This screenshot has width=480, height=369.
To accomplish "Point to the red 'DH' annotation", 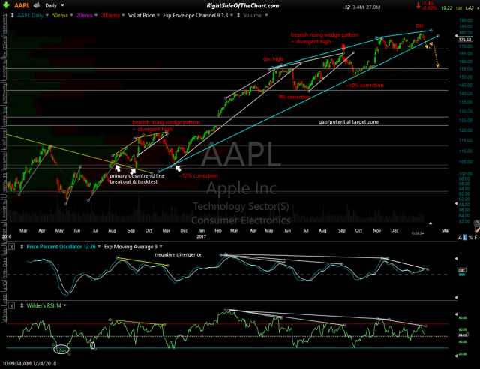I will [421, 26].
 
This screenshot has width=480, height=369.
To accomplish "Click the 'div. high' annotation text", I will [272, 58].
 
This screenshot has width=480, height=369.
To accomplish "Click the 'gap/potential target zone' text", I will [349, 121].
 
